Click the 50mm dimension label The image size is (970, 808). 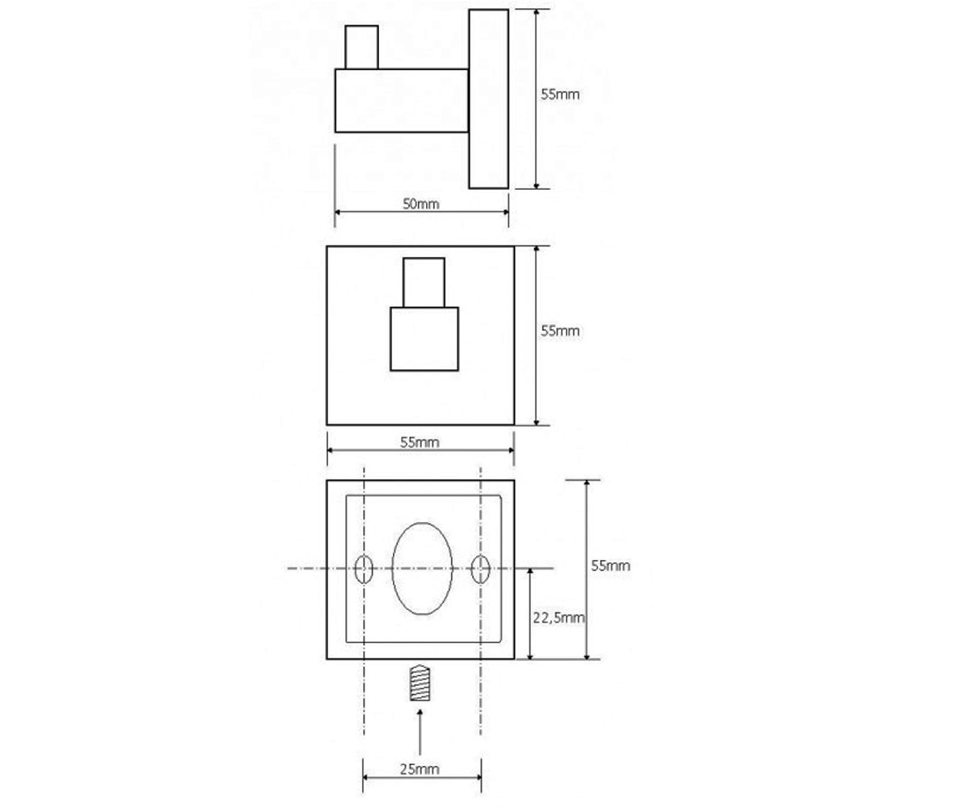click(421, 204)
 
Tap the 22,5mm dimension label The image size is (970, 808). click(559, 617)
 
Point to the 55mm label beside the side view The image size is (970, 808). click(560, 95)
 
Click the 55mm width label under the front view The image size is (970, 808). click(420, 442)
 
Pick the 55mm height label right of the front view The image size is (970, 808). click(560, 331)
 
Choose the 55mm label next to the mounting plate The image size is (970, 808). click(610, 566)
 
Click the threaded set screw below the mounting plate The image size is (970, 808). click(420, 683)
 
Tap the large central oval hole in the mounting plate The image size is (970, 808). click(422, 568)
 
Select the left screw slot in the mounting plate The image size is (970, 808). click(364, 569)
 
